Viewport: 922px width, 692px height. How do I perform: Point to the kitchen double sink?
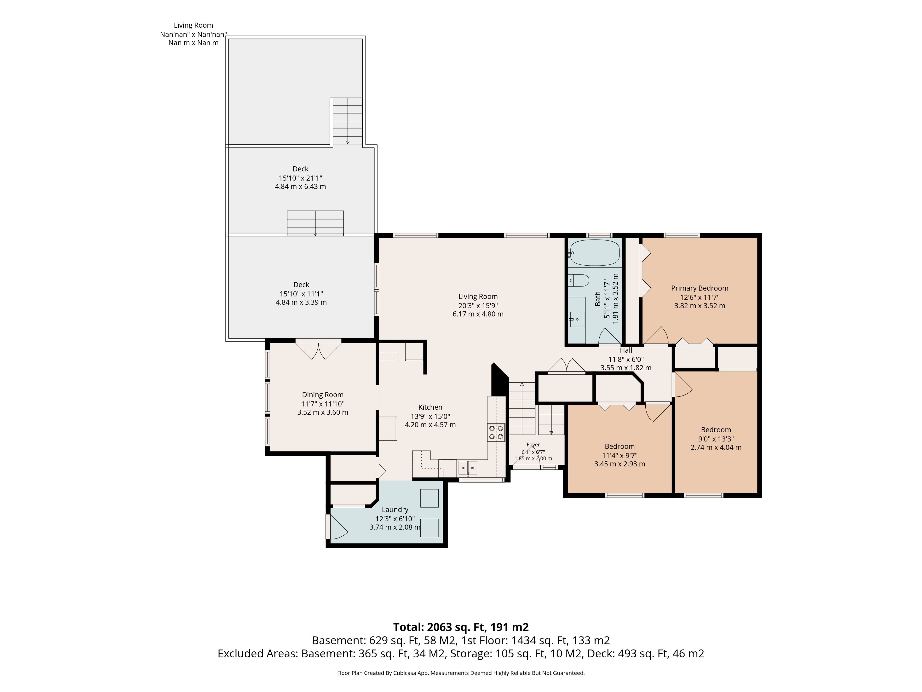[468, 468]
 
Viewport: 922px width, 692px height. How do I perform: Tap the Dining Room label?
[323, 395]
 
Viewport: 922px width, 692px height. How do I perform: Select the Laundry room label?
[395, 510]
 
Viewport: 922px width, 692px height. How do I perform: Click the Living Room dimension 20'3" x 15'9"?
[478, 305]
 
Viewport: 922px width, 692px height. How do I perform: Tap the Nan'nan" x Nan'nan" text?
[193, 34]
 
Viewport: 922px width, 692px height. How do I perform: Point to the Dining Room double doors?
[318, 350]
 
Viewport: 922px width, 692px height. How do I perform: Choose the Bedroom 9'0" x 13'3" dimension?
[716, 439]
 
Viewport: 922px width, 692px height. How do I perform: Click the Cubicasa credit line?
[461, 673]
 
